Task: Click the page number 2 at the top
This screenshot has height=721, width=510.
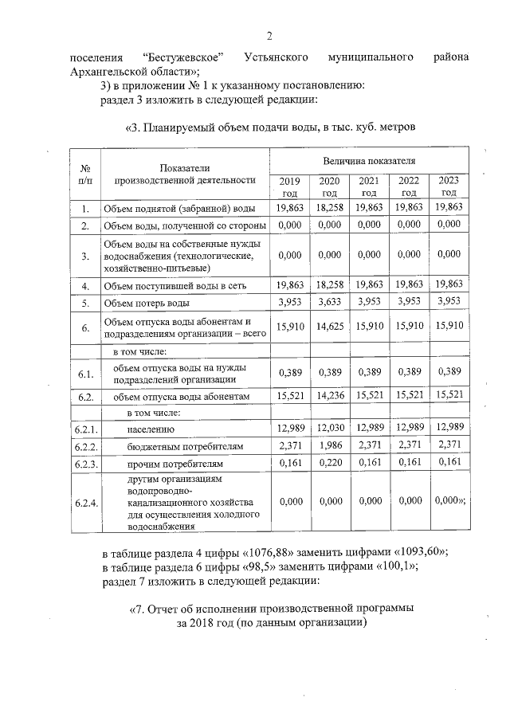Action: (269, 36)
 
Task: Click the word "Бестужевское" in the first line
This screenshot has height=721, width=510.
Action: (182, 58)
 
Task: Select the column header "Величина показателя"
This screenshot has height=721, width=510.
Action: (367, 161)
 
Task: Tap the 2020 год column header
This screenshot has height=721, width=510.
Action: (329, 186)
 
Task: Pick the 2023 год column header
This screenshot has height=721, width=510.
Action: (449, 186)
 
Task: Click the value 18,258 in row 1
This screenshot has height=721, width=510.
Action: (329, 208)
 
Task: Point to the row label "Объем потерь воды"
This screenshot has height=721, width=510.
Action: (147, 304)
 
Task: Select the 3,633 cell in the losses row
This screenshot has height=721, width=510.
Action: (329, 304)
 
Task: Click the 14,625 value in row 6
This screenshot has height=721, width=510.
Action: (329, 327)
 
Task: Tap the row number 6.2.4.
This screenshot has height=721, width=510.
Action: (85, 504)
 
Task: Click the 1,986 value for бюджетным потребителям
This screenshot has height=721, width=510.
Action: (329, 446)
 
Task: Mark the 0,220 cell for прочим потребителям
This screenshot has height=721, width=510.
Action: (329, 463)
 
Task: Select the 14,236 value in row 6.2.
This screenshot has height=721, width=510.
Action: (329, 395)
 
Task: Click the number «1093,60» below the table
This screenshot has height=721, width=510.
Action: (418, 552)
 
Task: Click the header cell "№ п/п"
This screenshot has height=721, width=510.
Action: (85, 174)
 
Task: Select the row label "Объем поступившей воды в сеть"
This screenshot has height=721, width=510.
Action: (171, 284)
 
